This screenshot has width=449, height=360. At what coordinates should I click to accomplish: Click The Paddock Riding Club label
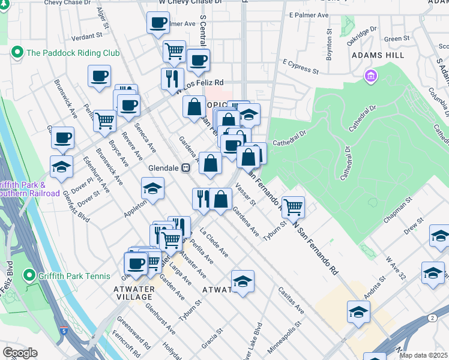[x=73, y=53]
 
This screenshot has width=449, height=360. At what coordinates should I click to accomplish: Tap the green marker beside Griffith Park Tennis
[x=28, y=276]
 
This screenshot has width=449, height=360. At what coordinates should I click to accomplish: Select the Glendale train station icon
[x=186, y=168]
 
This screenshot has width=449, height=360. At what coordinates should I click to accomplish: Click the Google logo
[x=20, y=353]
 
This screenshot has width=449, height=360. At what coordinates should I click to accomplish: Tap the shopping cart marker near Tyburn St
[x=293, y=207]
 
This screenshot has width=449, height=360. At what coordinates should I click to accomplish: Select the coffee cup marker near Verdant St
[x=99, y=76]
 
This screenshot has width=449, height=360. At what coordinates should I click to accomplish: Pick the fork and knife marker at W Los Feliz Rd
[x=172, y=78]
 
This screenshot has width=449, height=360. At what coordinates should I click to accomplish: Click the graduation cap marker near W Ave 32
[x=433, y=273]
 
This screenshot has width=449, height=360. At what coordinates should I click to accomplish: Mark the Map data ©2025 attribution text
[x=424, y=355]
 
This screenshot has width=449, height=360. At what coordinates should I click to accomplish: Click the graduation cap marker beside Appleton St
[x=153, y=189]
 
